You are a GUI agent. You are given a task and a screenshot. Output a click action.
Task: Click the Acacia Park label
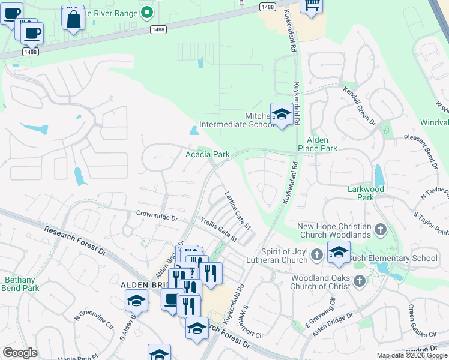click(x=207, y=154)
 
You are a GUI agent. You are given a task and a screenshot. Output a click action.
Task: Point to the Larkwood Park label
click(x=365, y=193)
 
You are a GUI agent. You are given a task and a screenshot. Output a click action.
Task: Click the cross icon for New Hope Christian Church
click(x=379, y=230)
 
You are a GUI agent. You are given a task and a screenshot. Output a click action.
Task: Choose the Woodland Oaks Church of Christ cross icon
click(x=359, y=281)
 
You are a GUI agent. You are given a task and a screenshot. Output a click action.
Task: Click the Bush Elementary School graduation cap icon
click(x=339, y=253)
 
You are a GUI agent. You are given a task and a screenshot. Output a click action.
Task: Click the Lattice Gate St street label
click(x=237, y=209)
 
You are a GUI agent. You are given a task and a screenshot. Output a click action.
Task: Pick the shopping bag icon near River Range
click(x=73, y=18)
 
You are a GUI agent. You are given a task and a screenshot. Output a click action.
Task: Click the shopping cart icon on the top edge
click(x=310, y=5)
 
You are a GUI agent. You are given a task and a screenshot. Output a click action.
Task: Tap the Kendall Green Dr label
click(x=359, y=105)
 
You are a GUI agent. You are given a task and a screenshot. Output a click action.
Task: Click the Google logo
click(x=20, y=353)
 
